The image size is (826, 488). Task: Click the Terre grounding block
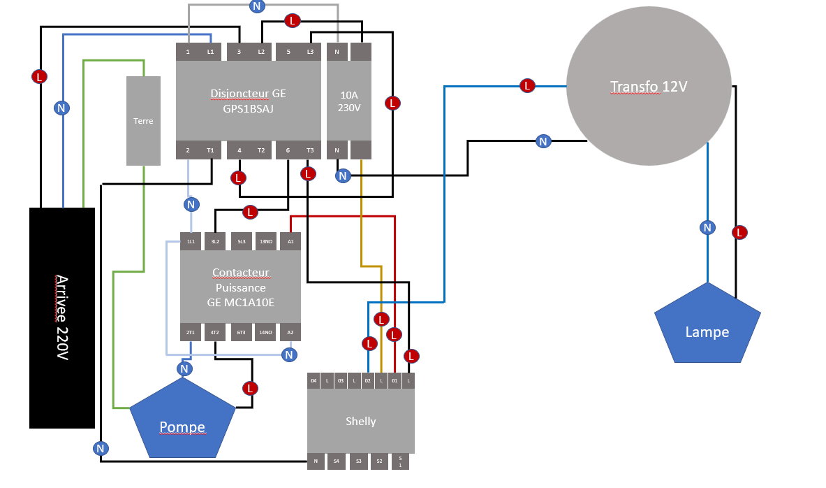click(143, 121)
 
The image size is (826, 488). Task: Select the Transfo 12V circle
click(649, 87)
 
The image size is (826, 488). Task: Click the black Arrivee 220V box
click(61, 317)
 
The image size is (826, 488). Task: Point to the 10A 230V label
click(349, 101)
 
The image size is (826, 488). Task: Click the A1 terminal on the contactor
click(290, 241)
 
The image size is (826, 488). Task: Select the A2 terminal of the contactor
click(290, 333)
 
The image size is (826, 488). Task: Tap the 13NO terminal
click(265, 241)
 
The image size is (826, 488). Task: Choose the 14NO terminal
click(265, 333)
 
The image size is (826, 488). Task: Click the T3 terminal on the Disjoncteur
click(309, 150)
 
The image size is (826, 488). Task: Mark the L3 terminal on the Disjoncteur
click(309, 52)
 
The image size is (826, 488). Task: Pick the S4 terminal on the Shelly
click(337, 461)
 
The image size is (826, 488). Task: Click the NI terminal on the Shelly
click(316, 461)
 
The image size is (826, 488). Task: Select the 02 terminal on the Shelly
click(367, 381)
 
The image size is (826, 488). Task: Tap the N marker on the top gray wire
click(257, 6)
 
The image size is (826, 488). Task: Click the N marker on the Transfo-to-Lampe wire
click(707, 227)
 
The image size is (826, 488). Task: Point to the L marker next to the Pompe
click(250, 388)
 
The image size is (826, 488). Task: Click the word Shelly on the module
click(360, 421)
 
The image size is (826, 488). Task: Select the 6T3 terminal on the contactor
click(240, 333)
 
